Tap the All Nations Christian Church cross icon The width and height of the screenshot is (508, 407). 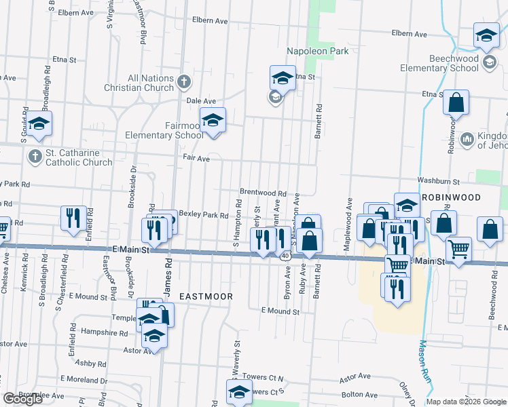click(183, 83)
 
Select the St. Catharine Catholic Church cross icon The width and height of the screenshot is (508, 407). click(35, 157)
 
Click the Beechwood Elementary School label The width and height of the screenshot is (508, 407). click(439, 63)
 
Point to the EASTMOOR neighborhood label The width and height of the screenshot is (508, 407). click(206, 296)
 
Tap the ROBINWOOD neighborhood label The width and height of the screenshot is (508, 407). click(451, 197)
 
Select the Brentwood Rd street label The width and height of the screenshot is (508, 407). click(263, 193)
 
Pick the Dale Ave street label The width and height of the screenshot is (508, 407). click(181, 100)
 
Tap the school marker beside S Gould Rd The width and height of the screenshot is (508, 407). click(39, 123)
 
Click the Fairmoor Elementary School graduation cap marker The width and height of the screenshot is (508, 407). click(213, 120)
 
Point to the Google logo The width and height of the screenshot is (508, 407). click(22, 399)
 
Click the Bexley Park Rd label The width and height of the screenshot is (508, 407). click(203, 215)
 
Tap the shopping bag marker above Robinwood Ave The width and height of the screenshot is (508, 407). click(456, 102)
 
